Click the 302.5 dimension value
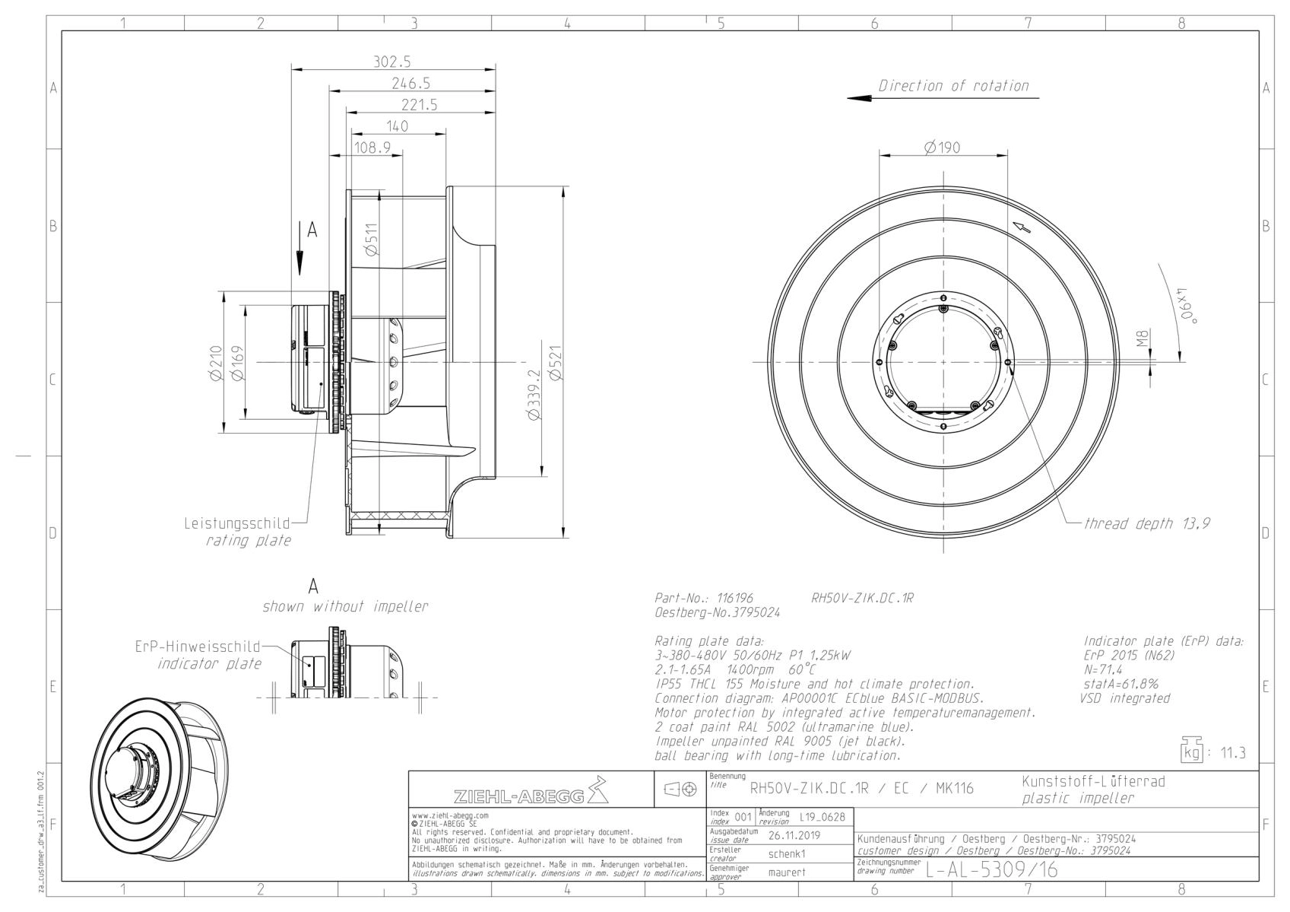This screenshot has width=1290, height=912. pos(392,62)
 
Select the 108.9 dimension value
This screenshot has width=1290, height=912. pos(372,148)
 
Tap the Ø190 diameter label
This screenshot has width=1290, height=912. pos(942,148)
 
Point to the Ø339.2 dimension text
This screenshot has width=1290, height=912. pos(534,396)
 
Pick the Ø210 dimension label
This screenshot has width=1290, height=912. pos(217,363)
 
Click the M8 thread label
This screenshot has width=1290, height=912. pos(1143,338)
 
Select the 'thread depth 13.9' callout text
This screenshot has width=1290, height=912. pos(1146,523)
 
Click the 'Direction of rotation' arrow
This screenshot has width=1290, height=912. pos(943,98)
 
